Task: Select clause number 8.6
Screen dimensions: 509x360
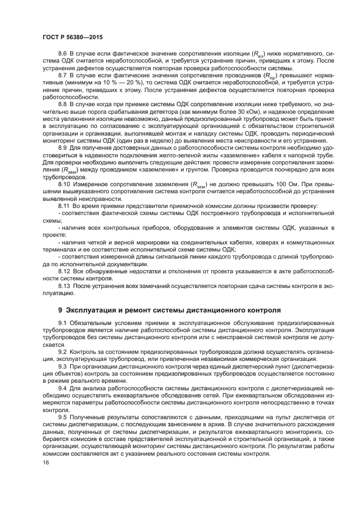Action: click(64, 54)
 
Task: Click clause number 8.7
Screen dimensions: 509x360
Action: click(64, 75)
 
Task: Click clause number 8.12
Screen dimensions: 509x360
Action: click(65, 270)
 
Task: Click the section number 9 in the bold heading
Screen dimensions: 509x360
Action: click(60, 310)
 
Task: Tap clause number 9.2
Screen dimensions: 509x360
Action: click(64, 352)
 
